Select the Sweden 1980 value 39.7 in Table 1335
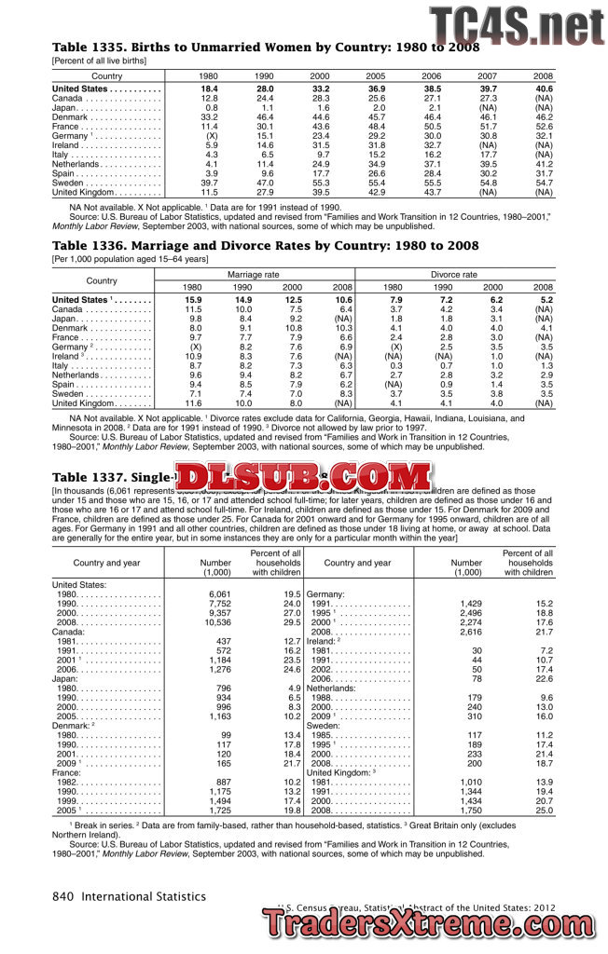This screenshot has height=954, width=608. coord(209,184)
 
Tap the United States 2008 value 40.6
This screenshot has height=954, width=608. coord(544,89)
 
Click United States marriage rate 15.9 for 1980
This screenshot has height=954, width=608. coord(193,300)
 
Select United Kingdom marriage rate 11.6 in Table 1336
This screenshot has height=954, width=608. coord(193,403)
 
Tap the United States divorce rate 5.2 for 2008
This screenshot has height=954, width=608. coord(546,300)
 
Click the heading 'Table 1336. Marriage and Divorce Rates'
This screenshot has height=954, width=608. coord(266,246)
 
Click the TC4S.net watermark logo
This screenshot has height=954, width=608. coord(516,26)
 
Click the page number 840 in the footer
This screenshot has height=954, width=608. coord(62,896)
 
